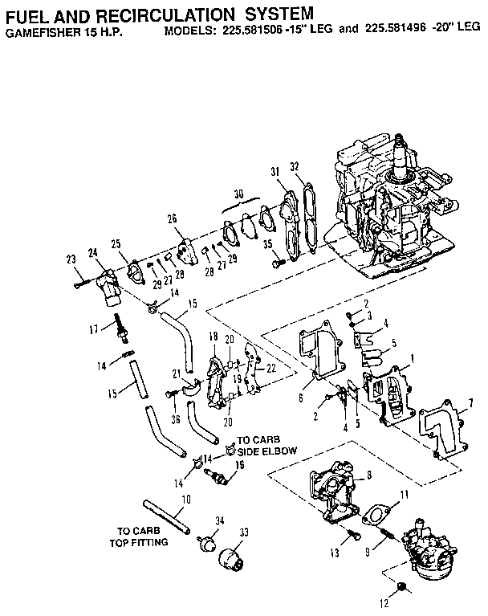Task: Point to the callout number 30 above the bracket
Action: [238, 194]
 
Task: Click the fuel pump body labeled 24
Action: [108, 287]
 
